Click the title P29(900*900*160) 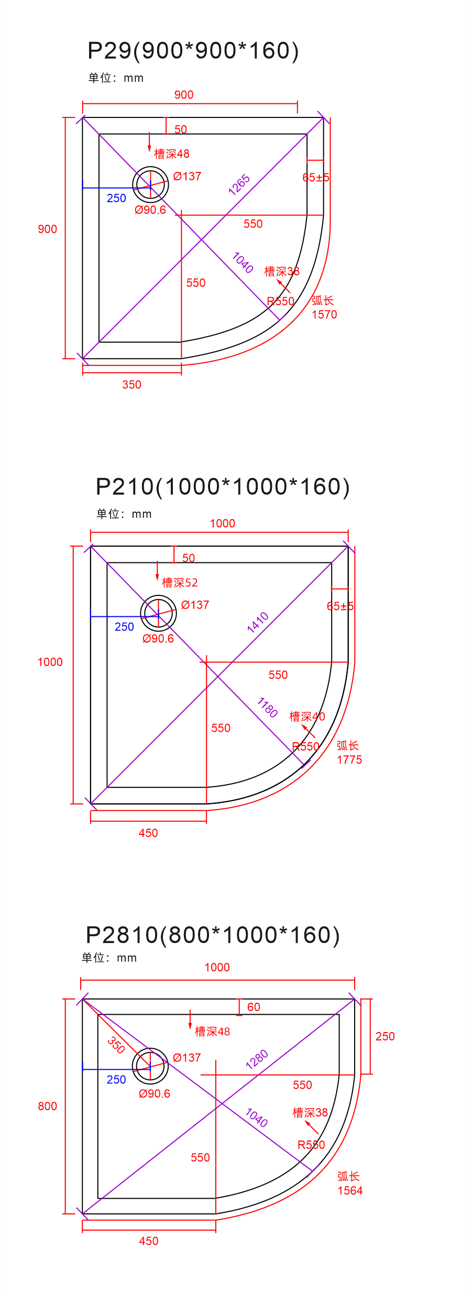pos(193,51)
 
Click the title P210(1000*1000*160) pos(223,487)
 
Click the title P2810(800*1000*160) pos(213,935)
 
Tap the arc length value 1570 pos(324,314)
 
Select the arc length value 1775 pos(349,759)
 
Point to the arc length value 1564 pos(350,1190)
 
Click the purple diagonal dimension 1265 pos(239,185)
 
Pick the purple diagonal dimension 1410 pos(258,622)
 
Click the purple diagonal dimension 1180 pos(268,708)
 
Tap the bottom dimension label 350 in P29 pos(131,385)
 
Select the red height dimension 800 pos(47,1106)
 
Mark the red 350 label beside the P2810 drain pos(116,1045)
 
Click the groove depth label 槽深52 pos(180,582)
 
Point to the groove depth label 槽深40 pos(307,716)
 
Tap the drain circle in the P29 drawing pos(150,184)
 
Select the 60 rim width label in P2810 pos(254,1007)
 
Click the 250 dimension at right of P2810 pos(385,1036)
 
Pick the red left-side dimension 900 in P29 pos(47,229)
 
